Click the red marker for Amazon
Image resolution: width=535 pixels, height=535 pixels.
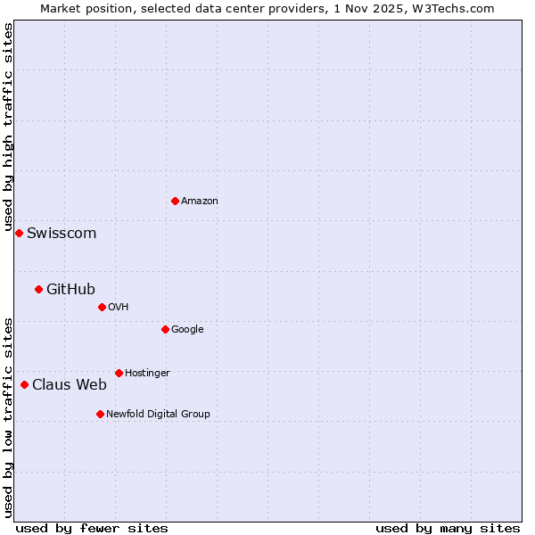point(175,201)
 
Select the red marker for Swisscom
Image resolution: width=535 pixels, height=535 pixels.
point(19,233)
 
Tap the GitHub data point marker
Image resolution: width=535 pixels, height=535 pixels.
point(38,289)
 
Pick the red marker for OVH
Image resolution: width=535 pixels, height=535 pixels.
point(102,307)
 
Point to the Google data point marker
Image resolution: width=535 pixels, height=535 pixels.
point(165,329)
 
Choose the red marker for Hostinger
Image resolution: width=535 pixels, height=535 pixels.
point(119,373)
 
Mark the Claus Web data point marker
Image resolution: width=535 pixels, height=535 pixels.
point(24,384)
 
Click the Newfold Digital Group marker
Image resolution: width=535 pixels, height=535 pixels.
point(100,414)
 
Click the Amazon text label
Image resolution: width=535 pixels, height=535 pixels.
point(200,202)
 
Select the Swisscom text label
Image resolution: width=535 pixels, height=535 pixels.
point(62,234)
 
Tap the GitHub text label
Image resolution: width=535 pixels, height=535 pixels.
point(70,289)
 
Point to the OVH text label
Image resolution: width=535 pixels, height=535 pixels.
point(119,308)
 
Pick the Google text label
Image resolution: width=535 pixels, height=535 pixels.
point(187,330)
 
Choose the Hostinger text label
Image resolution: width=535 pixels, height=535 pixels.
point(147,374)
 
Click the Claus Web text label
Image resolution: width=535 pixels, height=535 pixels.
point(70,385)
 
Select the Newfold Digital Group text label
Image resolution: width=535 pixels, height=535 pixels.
point(158,415)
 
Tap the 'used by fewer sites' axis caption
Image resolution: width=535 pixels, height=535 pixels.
point(92,528)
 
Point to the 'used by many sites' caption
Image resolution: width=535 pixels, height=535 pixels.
point(448,528)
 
